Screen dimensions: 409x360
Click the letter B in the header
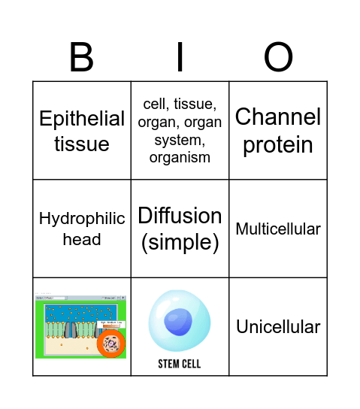[82, 58]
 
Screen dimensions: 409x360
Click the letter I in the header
[180, 58]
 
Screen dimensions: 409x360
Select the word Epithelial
[82, 119]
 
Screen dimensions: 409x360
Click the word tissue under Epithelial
[82, 144]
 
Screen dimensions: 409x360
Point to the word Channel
[277, 117]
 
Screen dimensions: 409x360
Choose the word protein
[277, 144]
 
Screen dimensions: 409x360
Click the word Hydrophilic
[82, 219]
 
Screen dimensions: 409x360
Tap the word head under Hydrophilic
[82, 239]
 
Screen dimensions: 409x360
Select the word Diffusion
[180, 216]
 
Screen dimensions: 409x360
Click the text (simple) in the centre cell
[180, 242]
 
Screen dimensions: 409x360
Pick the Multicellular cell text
[277, 229]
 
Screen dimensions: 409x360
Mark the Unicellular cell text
[277, 326]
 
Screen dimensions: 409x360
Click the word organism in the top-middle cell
[180, 158]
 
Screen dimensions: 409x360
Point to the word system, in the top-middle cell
[180, 140]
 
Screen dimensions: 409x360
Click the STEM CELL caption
[180, 364]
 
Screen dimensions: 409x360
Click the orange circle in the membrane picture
[111, 345]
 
